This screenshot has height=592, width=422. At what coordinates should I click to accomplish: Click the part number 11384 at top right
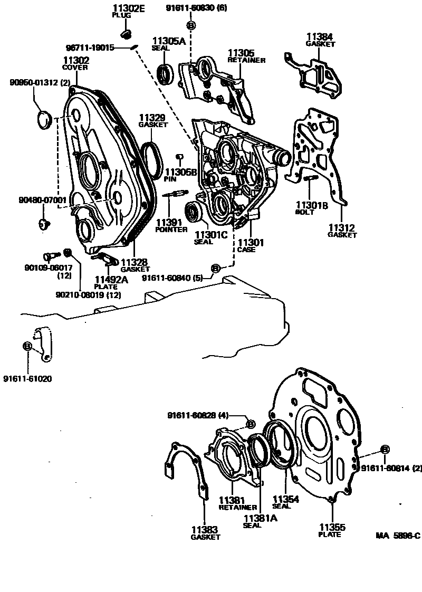(320, 37)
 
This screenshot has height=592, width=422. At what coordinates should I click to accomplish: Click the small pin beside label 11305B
(179, 156)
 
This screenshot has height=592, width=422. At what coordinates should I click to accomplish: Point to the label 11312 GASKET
(342, 231)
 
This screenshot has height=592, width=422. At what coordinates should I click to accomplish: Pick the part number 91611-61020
(27, 378)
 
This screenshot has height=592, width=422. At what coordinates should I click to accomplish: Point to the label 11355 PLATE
(330, 530)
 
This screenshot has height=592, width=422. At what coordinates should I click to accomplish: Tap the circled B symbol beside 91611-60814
(385, 449)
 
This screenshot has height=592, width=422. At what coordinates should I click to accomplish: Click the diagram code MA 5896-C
(398, 536)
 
